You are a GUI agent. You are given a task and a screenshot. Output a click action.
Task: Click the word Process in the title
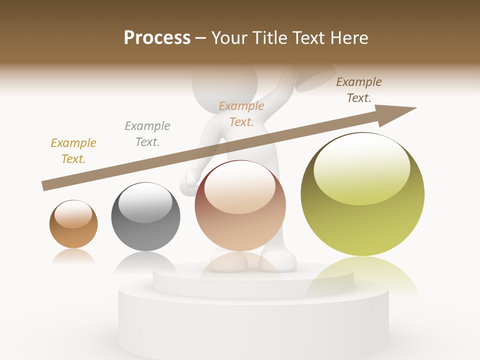(157, 38)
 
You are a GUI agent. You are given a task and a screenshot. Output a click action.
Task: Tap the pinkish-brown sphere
(240, 205)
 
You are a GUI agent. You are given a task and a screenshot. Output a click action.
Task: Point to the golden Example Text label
(73, 151)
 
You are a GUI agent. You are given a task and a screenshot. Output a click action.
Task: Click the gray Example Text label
(147, 134)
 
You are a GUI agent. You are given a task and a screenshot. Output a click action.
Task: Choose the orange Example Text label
(241, 114)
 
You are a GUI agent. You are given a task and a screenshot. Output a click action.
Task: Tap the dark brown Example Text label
(358, 90)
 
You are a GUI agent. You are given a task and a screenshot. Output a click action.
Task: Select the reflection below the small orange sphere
(73, 256)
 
